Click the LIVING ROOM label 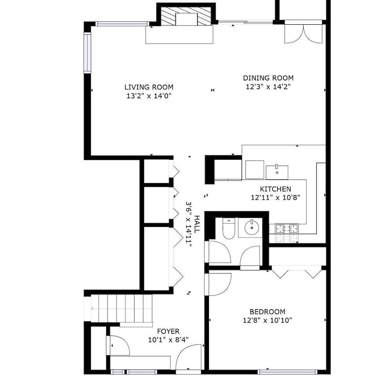coord(149,87)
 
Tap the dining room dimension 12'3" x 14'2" coord(268,87)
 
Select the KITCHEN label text coord(275,189)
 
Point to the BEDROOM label coord(267,312)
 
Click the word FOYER coord(168,332)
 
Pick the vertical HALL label coord(197,224)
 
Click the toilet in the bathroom coord(229,229)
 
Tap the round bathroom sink coord(252,228)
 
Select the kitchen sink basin coord(277,172)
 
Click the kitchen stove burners coord(287,229)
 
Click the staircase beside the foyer coord(121,308)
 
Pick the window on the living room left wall coord(87,53)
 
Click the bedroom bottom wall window coord(287,372)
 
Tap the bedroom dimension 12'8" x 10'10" coord(267,320)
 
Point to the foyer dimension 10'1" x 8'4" coord(168,340)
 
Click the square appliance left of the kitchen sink coord(255,170)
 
